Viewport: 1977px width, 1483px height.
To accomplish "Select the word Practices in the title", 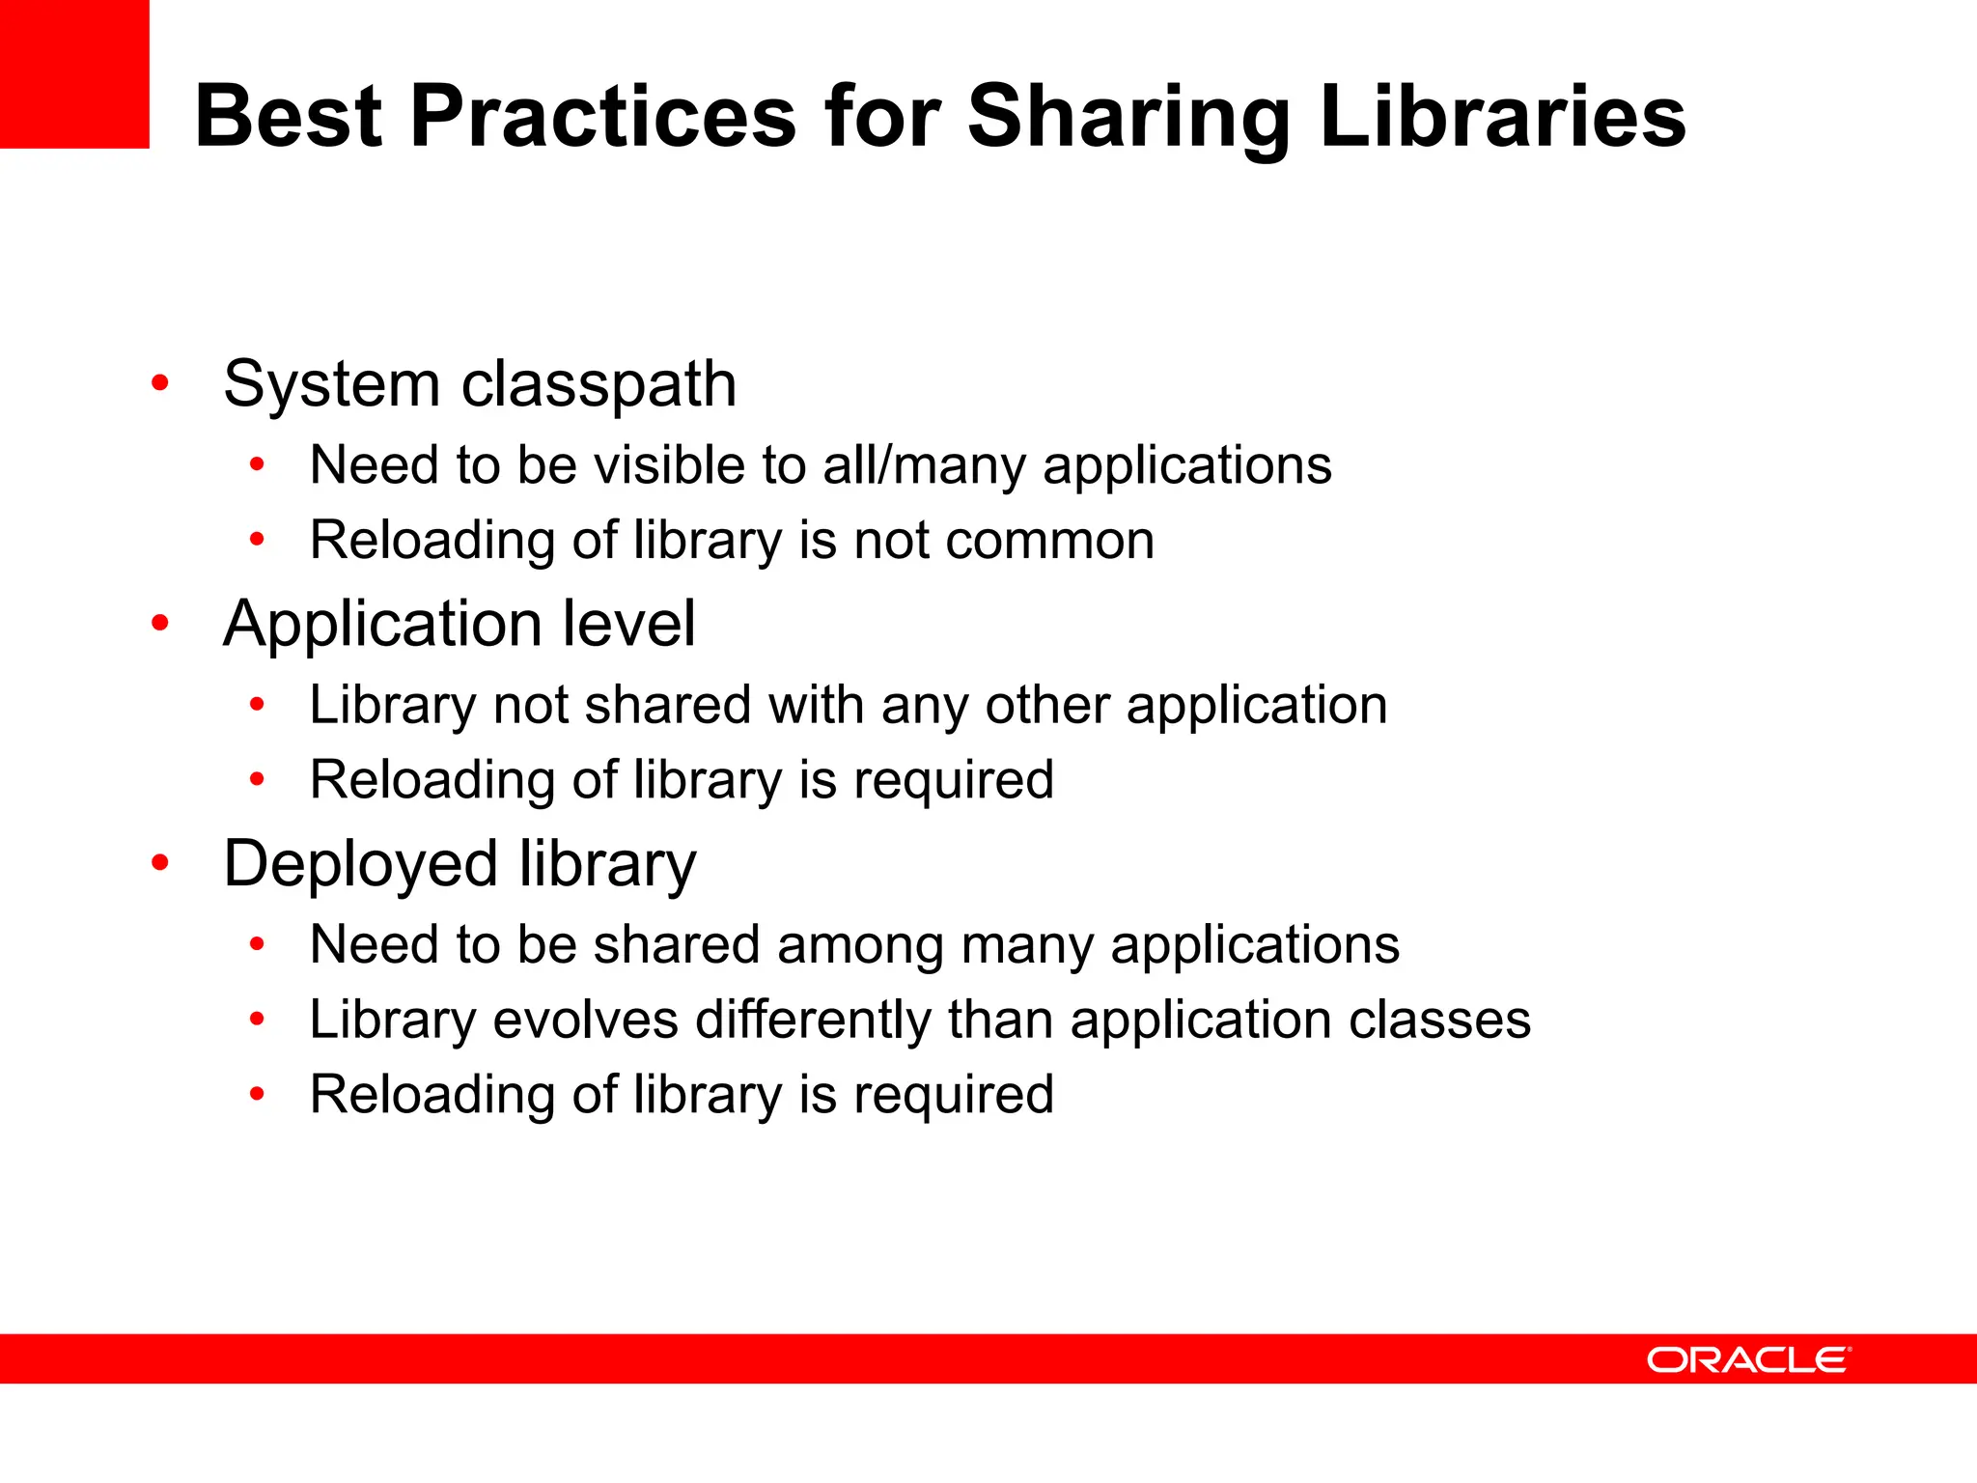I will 602,117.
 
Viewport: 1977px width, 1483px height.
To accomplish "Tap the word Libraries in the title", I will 1502,117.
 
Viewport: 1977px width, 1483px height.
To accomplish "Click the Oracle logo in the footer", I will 1748,1359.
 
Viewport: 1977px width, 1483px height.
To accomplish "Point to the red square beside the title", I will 74,73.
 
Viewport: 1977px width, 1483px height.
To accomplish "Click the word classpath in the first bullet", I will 599,385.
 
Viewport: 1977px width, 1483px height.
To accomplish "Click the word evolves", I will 585,1020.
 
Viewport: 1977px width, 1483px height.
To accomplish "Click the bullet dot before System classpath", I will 160,383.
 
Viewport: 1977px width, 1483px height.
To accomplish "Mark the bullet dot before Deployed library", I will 160,862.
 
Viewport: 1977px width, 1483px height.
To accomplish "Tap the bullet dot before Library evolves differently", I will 257,1019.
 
